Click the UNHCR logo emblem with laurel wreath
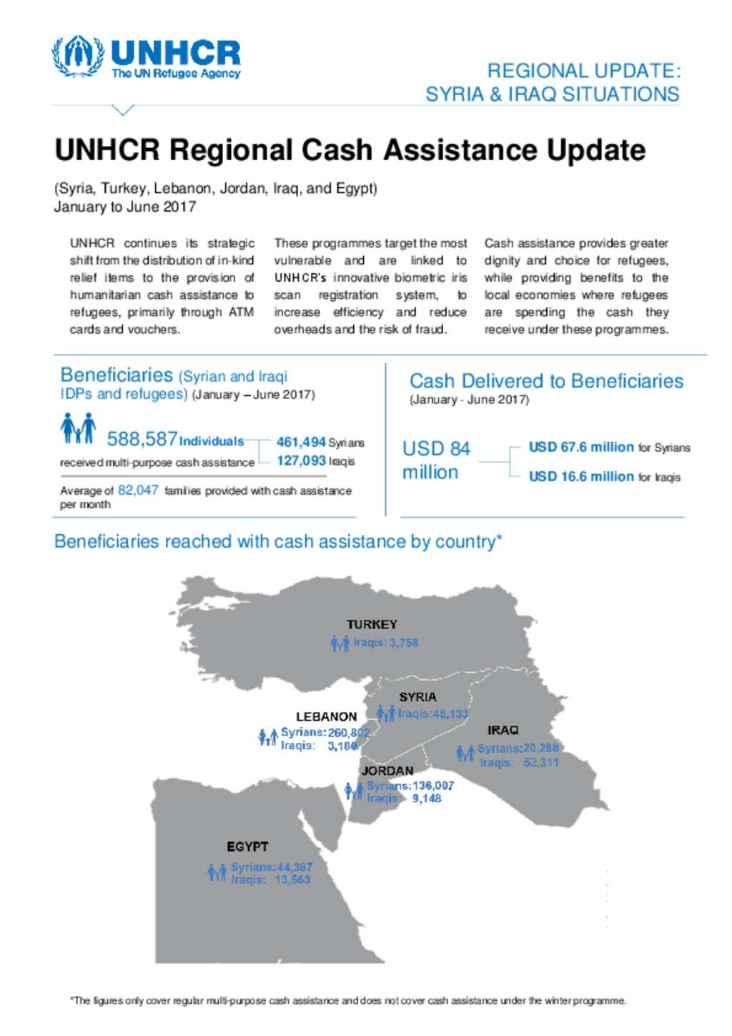click(77, 56)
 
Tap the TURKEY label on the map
click(372, 624)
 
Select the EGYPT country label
click(247, 847)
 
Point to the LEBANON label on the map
click(326, 716)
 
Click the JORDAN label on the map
click(387, 771)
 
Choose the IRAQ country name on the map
click(503, 730)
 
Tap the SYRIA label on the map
click(417, 696)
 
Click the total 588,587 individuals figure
click(142, 438)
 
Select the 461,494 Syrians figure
click(301, 443)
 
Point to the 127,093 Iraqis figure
click(301, 461)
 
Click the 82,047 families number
click(138, 490)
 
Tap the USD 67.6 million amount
click(580, 447)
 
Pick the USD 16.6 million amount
click(580, 476)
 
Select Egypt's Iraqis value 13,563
click(292, 879)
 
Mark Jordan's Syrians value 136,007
click(432, 785)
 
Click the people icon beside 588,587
click(78, 429)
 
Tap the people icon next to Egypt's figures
click(217, 872)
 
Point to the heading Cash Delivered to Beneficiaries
click(546, 381)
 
